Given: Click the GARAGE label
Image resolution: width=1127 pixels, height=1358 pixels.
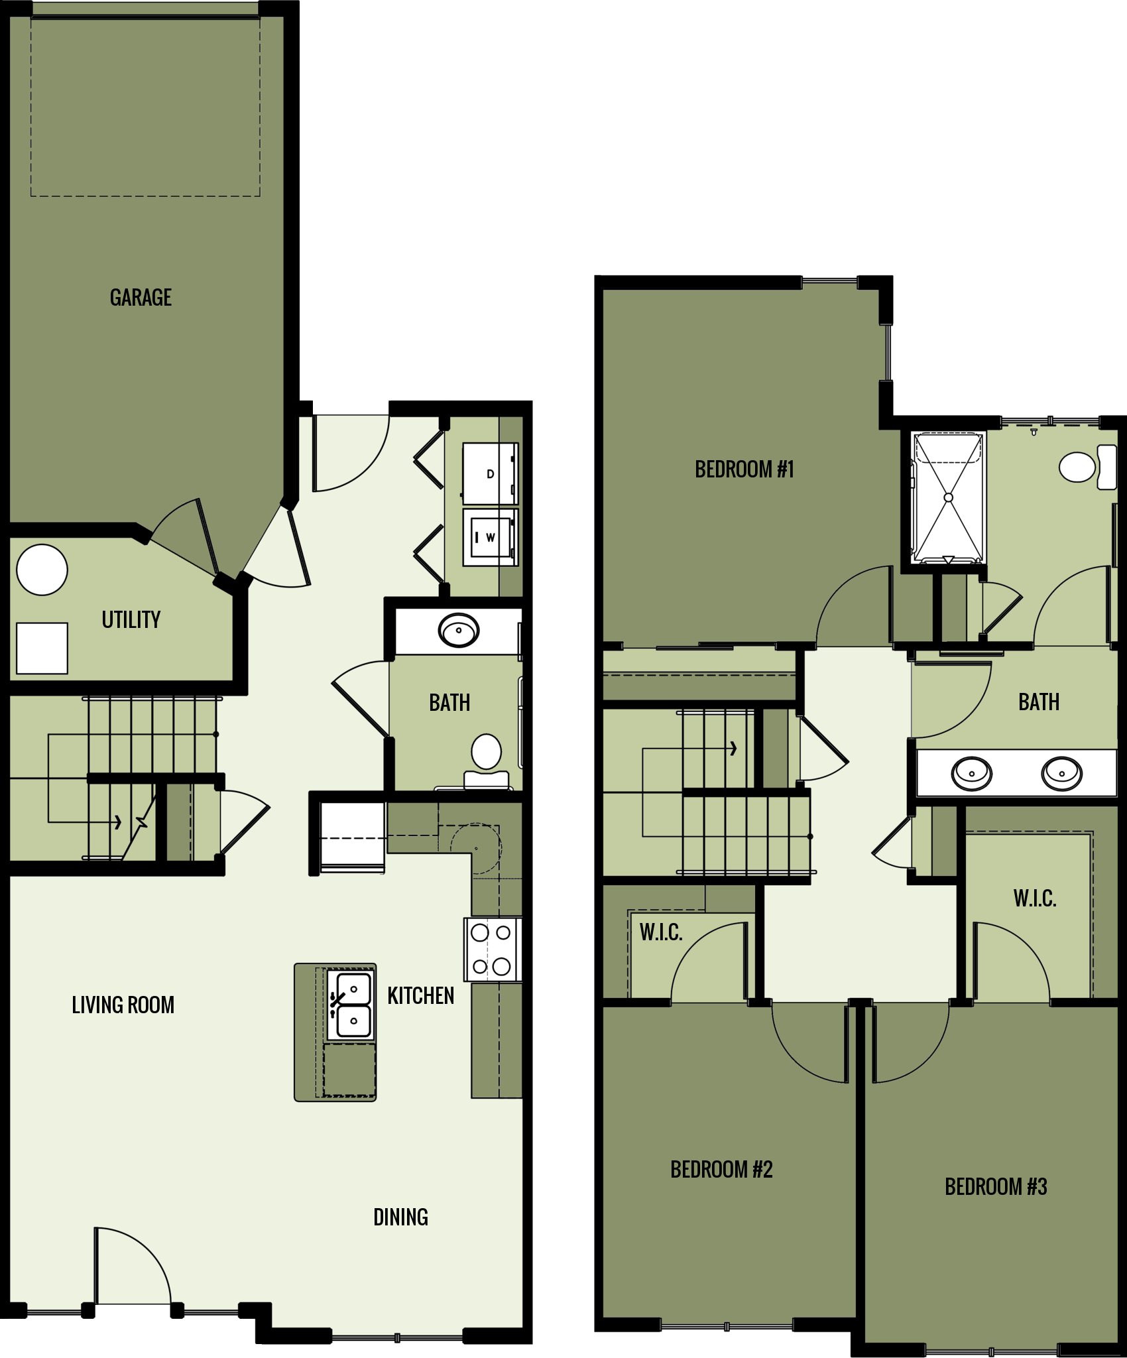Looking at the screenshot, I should (x=141, y=298).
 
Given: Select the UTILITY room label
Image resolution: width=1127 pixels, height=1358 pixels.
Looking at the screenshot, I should (x=131, y=619).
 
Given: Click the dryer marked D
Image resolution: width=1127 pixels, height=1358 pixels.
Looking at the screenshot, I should (x=490, y=473).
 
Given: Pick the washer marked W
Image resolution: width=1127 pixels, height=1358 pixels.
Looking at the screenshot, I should (x=490, y=537).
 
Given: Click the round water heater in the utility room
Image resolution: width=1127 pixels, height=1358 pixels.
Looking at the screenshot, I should (x=42, y=570).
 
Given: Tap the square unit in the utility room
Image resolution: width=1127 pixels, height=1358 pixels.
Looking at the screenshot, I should (x=42, y=648).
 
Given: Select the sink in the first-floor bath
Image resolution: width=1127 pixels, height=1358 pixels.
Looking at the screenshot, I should (x=458, y=630).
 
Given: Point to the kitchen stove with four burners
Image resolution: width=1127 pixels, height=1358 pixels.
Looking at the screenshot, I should (x=492, y=950).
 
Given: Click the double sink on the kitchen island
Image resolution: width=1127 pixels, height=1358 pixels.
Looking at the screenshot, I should (x=351, y=1005).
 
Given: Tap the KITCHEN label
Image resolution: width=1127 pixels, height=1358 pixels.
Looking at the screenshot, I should (x=420, y=995).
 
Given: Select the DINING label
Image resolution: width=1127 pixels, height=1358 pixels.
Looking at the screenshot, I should (x=400, y=1217).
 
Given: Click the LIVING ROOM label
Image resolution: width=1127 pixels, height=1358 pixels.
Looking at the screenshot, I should (x=123, y=1005).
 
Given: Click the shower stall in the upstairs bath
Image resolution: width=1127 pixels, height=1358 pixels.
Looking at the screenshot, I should (x=948, y=497).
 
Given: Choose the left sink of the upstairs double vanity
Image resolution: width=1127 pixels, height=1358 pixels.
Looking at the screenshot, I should (x=972, y=772).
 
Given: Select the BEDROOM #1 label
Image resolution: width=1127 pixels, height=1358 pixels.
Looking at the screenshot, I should (x=744, y=469).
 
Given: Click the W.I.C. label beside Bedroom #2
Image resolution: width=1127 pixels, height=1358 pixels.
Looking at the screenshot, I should (x=660, y=932).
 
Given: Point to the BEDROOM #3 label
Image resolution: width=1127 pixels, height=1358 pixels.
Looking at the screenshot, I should (x=996, y=1186).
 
